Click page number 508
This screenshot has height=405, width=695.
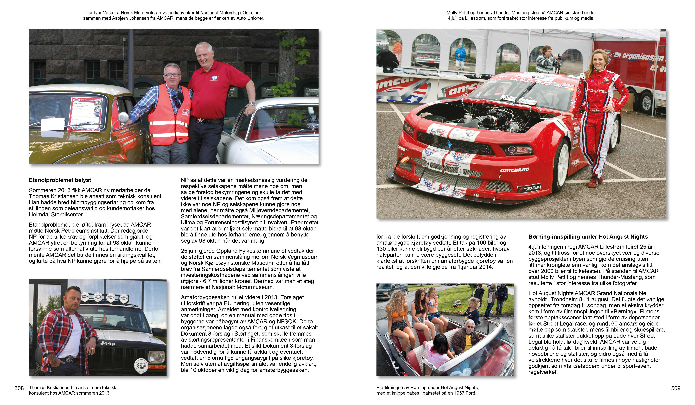[x=19, y=388]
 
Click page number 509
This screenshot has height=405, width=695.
[x=676, y=388]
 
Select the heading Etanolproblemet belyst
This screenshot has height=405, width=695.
[x=60, y=180]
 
